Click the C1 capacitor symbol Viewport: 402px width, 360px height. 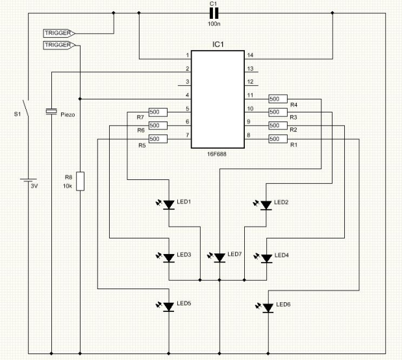pyautogui.click(x=214, y=13)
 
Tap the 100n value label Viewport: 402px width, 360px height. pyautogui.click(x=214, y=24)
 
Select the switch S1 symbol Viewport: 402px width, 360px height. pyautogui.click(x=25, y=108)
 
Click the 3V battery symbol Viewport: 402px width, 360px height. pyautogui.click(x=28, y=180)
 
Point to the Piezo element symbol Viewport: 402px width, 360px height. pyautogui.click(x=51, y=111)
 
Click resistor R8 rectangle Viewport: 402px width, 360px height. pyautogui.click(x=81, y=181)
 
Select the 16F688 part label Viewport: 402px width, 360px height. pyautogui.click(x=217, y=154)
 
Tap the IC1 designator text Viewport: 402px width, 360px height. pyautogui.click(x=218, y=44)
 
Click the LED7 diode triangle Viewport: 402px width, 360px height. pyautogui.click(x=220, y=257)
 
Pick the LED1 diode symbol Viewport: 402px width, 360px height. pyautogui.click(x=169, y=205)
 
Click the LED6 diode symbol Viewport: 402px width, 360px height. pyautogui.click(x=268, y=308)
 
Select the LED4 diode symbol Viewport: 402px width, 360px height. pyautogui.click(x=266, y=258)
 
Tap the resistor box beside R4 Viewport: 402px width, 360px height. pyautogui.click(x=278, y=99)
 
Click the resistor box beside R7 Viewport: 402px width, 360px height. pyautogui.click(x=158, y=112)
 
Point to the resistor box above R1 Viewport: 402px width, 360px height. pyautogui.click(x=278, y=139)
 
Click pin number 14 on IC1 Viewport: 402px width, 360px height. pyautogui.click(x=250, y=55)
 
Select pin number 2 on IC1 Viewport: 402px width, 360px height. pyautogui.click(x=188, y=68)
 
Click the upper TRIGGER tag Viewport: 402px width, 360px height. pyautogui.click(x=59, y=33)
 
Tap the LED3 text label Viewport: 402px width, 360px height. pyautogui.click(x=184, y=255)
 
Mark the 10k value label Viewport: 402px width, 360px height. pyautogui.click(x=68, y=186)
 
